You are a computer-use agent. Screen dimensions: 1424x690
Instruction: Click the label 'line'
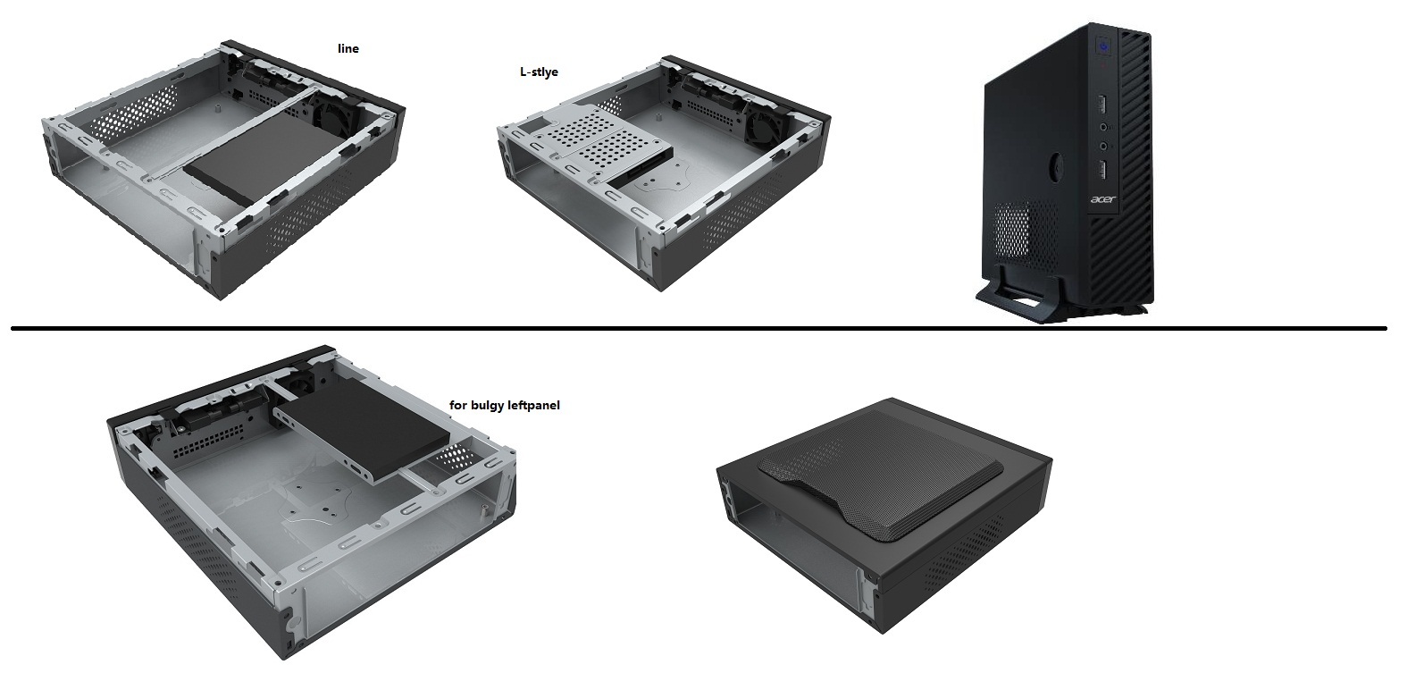[x=348, y=49]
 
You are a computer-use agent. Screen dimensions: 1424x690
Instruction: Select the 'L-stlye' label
[x=539, y=72]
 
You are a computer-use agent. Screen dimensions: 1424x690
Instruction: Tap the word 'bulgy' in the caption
[x=488, y=406]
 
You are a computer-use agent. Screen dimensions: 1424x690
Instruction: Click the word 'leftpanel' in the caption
[x=534, y=405]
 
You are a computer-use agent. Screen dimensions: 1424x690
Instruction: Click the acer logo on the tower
[x=1103, y=199]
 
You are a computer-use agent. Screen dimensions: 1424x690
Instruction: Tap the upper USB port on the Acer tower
[x=1102, y=104]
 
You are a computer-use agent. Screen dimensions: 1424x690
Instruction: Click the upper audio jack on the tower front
[x=1103, y=127]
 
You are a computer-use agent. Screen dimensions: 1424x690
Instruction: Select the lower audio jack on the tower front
[x=1103, y=147]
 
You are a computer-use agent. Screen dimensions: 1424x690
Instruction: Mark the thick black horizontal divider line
[x=699, y=328]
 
